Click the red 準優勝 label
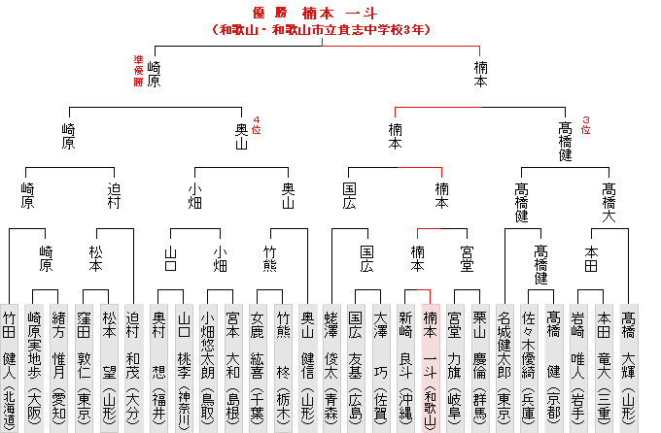pos(138,71)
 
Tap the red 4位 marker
pos(256,125)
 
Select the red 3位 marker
pos(585,125)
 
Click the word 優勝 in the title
pos(270,13)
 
